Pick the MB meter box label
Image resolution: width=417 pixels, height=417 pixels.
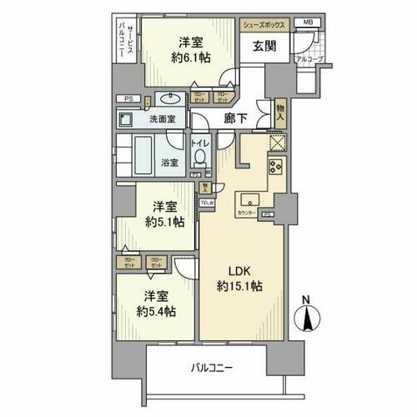(308, 23)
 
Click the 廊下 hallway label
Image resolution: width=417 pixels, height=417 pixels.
(236, 119)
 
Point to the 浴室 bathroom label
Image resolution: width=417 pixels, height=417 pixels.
(168, 162)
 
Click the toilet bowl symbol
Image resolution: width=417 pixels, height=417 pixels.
(200, 160)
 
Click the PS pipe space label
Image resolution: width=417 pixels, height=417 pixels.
(129, 99)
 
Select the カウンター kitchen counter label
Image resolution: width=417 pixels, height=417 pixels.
(246, 214)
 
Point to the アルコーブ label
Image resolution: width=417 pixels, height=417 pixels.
(312, 60)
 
